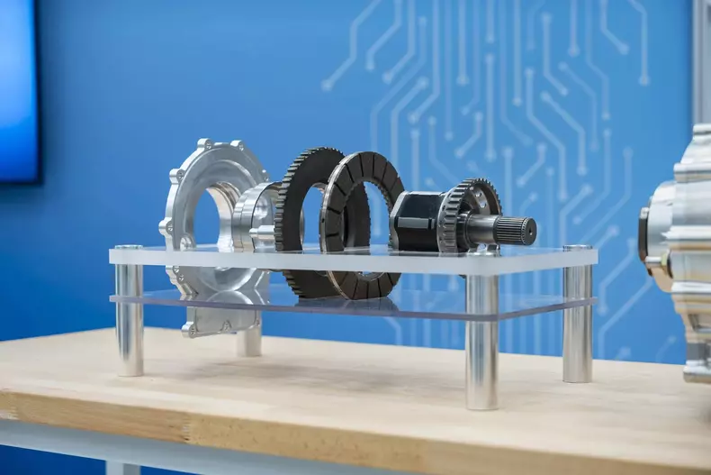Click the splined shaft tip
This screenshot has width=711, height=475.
click(524, 230)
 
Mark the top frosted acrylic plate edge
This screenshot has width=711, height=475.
click(351, 262)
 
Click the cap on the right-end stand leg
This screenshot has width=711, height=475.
click(578, 248)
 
